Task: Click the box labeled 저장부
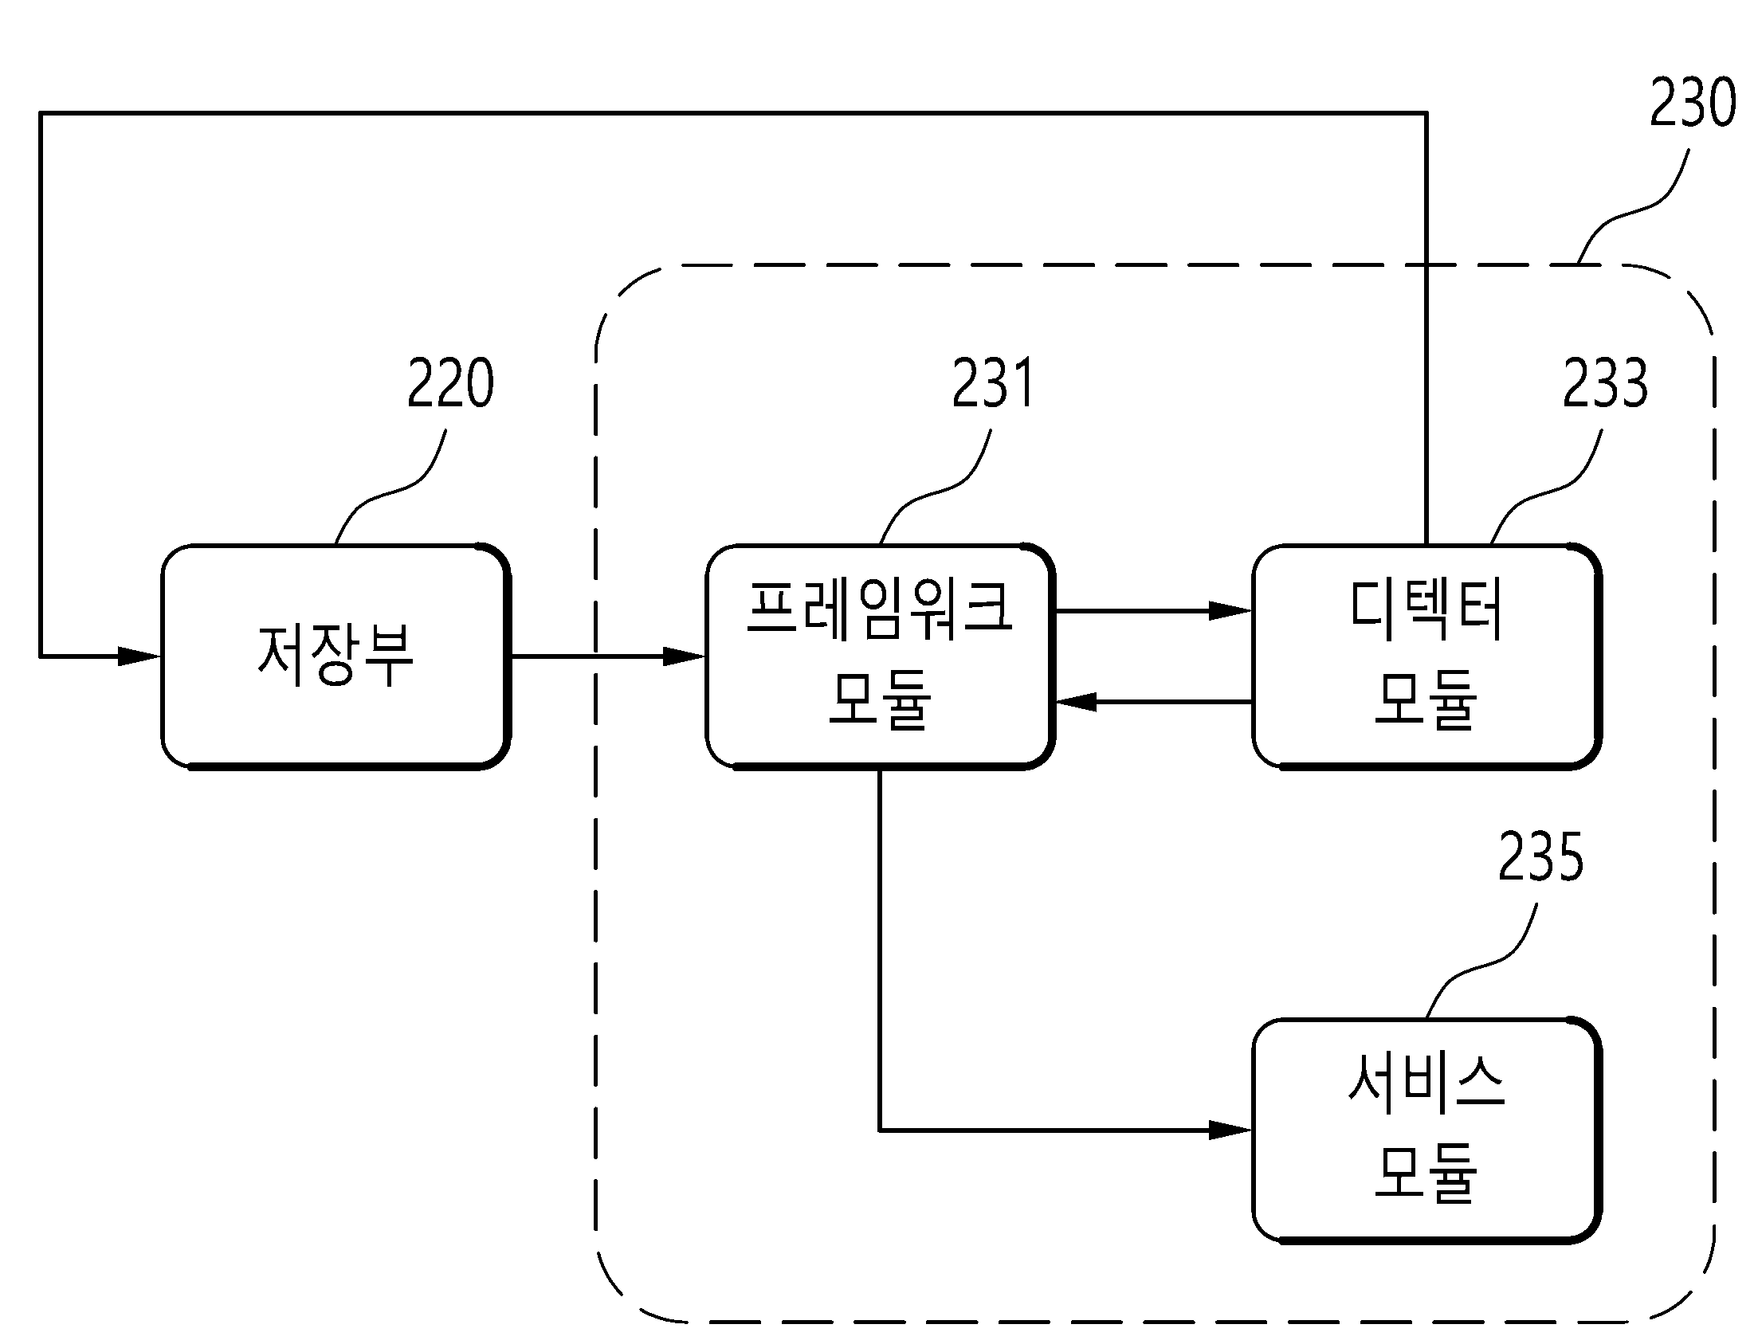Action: point(336,656)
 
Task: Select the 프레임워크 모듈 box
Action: point(881,656)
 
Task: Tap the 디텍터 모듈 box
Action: point(1426,656)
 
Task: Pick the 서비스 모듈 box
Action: point(1426,1130)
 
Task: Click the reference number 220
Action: point(450,383)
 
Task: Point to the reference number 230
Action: point(1693,103)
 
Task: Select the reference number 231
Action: point(994,383)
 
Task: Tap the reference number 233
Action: point(1605,383)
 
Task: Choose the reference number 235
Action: point(1540,856)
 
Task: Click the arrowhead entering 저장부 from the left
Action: point(139,656)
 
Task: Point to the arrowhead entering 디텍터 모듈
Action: point(1230,611)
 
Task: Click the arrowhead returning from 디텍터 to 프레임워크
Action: point(1077,703)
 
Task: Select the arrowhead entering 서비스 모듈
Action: point(1230,1130)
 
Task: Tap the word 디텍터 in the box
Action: point(1426,609)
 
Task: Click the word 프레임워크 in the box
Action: point(880,609)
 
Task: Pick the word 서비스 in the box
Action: point(1426,1084)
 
